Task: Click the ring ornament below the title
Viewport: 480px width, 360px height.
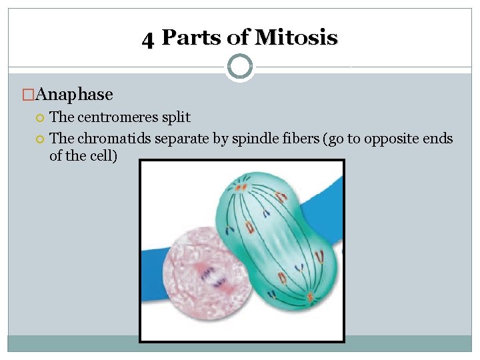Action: click(239, 67)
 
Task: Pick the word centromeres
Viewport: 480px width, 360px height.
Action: click(119, 117)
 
